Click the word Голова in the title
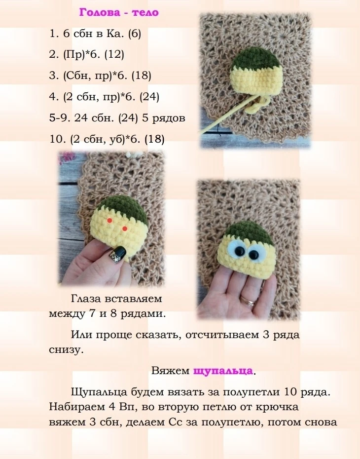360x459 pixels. coord(100,13)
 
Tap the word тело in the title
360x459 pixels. coord(145,13)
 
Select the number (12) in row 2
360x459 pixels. coord(114,54)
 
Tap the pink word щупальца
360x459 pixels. coord(223,371)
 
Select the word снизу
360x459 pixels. coord(66,350)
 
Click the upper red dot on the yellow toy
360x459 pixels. coord(109,220)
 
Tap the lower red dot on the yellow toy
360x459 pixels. coord(125,229)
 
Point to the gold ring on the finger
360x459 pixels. coord(248,301)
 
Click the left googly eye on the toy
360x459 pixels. coord(238,250)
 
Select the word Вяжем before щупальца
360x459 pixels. coord(171,371)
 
